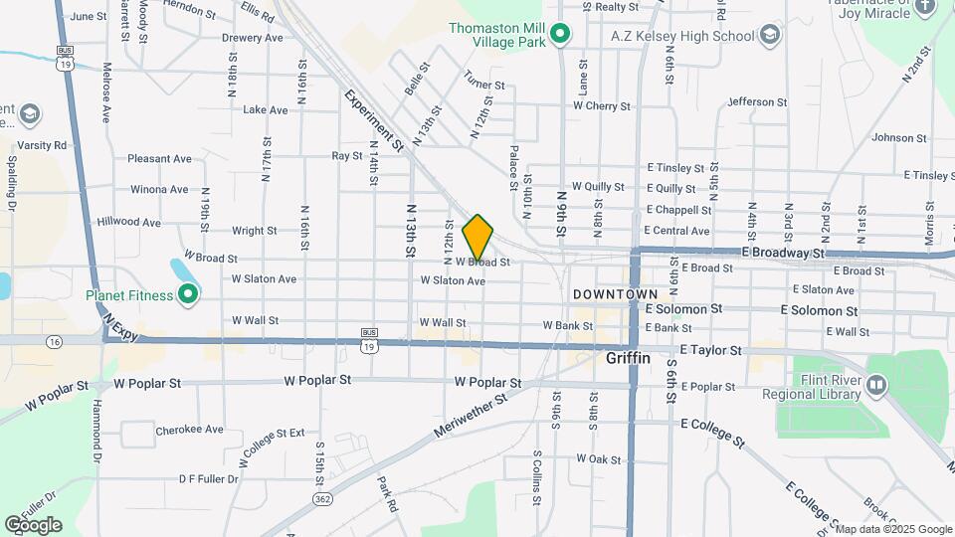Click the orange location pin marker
click(x=478, y=238)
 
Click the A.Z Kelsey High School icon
click(x=768, y=37)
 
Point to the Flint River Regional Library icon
click(x=875, y=384)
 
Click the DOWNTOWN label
click(x=615, y=295)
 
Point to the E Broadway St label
click(x=783, y=254)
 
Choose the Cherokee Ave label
click(x=189, y=431)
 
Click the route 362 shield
click(x=321, y=498)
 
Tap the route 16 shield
click(x=53, y=341)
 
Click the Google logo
click(x=33, y=524)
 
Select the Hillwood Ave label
click(x=128, y=223)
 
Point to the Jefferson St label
click(x=757, y=101)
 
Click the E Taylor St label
click(x=710, y=350)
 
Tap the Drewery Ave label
click(x=252, y=38)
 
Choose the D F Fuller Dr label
click(x=208, y=478)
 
